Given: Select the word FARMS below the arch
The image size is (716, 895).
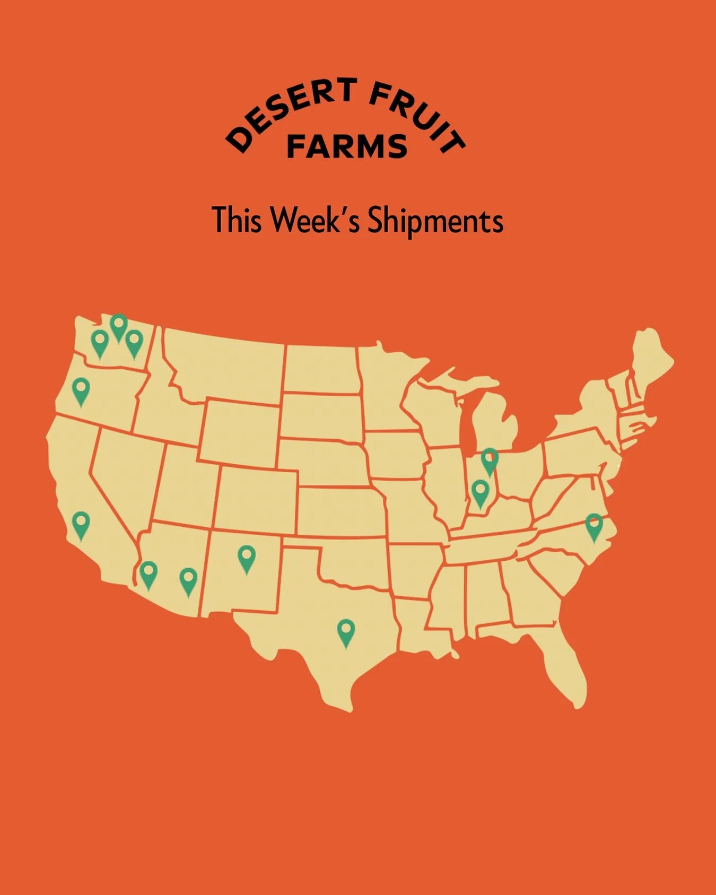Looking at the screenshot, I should [x=347, y=146].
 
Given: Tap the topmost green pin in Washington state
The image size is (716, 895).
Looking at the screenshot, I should [x=119, y=324].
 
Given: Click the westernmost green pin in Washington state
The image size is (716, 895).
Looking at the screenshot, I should [x=100, y=340].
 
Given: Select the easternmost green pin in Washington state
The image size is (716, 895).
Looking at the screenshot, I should [x=134, y=340].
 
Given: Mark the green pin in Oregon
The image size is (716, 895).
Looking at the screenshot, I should [x=81, y=388].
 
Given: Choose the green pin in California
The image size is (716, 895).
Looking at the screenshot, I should [x=81, y=522].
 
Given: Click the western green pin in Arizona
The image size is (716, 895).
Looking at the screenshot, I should [x=149, y=572].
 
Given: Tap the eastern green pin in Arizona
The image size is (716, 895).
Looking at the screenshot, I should [x=188, y=578].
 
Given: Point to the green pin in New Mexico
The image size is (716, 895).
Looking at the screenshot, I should [x=246, y=556].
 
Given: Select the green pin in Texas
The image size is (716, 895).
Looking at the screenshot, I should [x=346, y=630].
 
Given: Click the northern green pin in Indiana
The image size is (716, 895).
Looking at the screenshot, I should [x=490, y=458].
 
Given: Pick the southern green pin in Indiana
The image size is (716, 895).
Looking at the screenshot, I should [x=481, y=490].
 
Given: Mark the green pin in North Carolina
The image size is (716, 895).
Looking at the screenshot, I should [x=594, y=524].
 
